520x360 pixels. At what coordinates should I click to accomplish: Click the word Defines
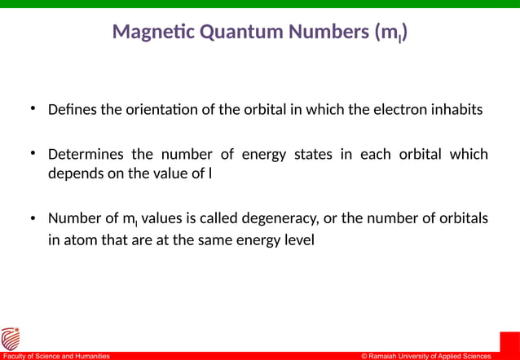73,108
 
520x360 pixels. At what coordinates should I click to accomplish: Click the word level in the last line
297,240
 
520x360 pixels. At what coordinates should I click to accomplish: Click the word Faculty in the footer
15,356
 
